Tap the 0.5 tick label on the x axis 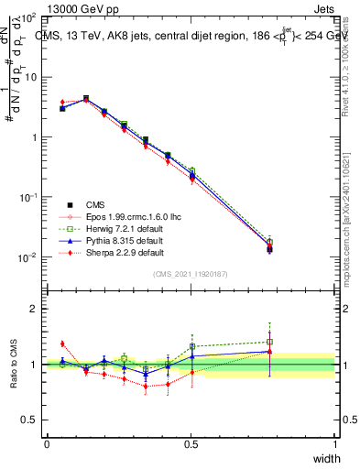(191, 444)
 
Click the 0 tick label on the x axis (47, 444)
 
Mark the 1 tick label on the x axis (335, 444)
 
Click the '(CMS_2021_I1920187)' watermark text (191, 274)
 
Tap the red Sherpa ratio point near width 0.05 (62, 344)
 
